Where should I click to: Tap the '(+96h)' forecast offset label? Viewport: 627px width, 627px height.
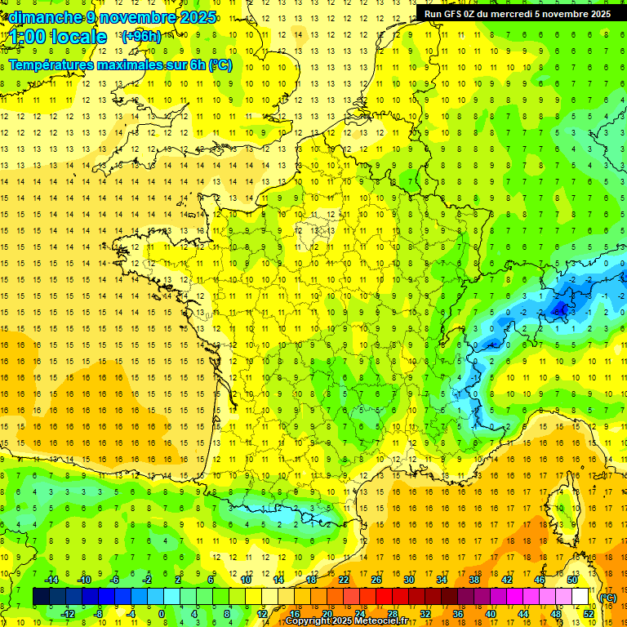tap(141, 36)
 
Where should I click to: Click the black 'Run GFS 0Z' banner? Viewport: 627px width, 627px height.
tap(518, 13)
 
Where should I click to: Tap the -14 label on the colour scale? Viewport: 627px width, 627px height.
tap(51, 580)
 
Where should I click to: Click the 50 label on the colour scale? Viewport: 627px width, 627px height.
tap(571, 580)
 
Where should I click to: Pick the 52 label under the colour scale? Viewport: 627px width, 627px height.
tap(589, 614)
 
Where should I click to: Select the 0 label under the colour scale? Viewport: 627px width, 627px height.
tap(162, 614)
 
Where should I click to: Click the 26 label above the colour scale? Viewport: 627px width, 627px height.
tap(376, 580)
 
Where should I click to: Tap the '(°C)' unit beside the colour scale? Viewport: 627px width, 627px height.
tap(607, 598)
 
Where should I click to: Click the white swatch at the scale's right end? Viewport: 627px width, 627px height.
tap(580, 597)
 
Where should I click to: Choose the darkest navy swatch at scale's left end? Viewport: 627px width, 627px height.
tap(42, 597)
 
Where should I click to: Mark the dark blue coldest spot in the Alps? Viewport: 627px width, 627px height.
tap(561, 309)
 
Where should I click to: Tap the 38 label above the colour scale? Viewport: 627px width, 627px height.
tap(474, 580)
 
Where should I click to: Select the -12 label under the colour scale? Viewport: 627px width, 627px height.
tap(67, 614)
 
